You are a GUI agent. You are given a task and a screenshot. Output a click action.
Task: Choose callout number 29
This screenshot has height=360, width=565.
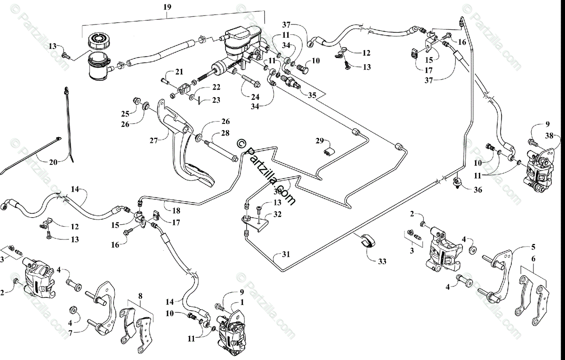[320, 141]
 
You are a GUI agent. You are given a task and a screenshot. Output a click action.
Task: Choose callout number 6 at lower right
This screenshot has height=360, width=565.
[533, 258]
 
